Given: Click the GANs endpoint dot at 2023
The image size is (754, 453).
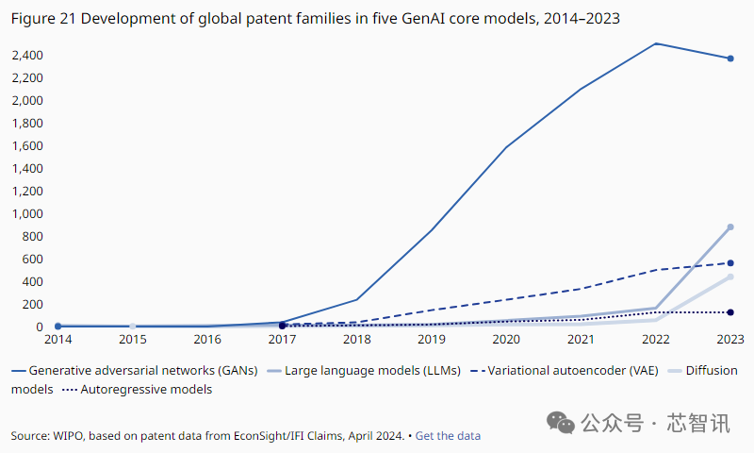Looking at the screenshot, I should (x=730, y=59).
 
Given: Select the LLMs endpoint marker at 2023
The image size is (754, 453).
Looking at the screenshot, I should (x=730, y=227).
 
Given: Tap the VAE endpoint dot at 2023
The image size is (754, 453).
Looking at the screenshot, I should (x=730, y=263).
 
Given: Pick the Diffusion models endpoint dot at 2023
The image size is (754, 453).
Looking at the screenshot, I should (x=730, y=277).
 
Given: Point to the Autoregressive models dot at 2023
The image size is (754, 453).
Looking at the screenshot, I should (x=730, y=312).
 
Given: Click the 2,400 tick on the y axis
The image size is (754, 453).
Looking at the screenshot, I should (x=27, y=56).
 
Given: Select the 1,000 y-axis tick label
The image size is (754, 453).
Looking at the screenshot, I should (x=27, y=214).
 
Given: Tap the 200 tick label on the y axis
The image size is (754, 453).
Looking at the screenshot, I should (x=33, y=305).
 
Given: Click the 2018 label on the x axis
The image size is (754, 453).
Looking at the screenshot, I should (x=357, y=339).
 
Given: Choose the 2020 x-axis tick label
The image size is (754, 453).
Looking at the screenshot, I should (x=506, y=339).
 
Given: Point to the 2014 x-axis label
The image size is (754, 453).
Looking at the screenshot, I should (x=57, y=339).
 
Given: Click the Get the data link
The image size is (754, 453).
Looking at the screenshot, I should (x=448, y=436).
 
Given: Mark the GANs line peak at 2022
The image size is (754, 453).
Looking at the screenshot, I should (x=655, y=43).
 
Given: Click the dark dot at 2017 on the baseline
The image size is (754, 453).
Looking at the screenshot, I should (x=282, y=326).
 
